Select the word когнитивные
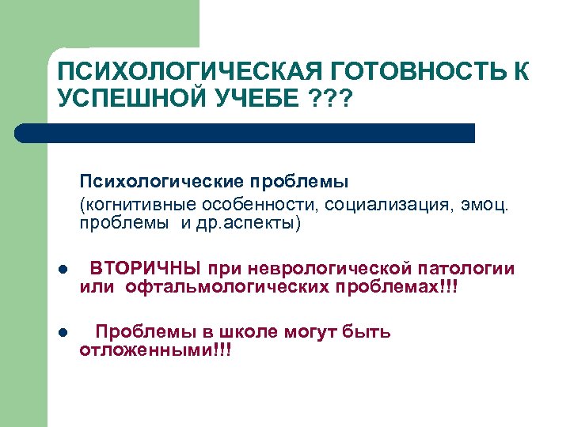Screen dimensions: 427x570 click(130, 205)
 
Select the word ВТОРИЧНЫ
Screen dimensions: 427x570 click(146, 268)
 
